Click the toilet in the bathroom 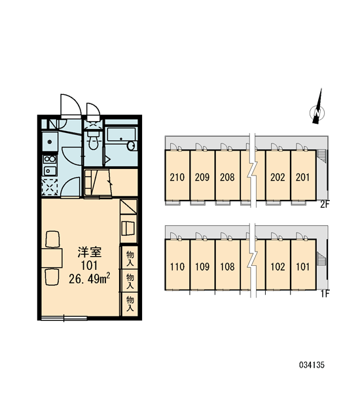tap(94, 140)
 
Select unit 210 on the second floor tap(177, 176)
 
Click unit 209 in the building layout tap(202, 176)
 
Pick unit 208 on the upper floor tap(228, 176)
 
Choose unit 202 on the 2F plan tap(278, 176)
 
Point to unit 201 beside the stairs tap(303, 176)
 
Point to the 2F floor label tap(325, 204)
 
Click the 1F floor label tap(325, 293)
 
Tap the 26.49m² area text tap(90, 278)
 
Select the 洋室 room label tap(90, 252)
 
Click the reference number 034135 tap(312, 365)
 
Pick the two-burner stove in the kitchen tap(50, 159)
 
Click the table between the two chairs tap(52, 258)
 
